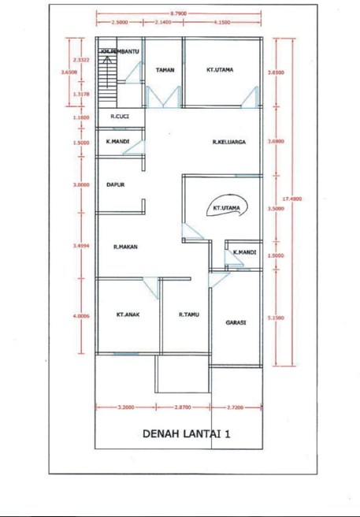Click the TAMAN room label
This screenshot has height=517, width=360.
tap(165, 70)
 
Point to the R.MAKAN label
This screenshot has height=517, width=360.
tap(125, 247)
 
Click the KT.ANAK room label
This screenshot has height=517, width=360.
tap(128, 314)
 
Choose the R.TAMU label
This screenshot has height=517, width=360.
tap(187, 314)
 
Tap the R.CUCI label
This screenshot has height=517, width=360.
tap(120, 117)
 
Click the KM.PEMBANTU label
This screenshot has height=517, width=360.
tap(119, 51)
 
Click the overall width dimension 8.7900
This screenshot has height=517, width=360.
tap(179, 13)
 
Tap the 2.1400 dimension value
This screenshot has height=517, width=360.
tap(164, 23)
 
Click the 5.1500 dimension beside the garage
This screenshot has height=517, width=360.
tap(276, 317)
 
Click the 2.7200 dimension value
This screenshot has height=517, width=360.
tap(234, 407)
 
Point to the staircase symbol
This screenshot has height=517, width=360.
tap(107, 76)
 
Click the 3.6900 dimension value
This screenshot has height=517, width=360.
tap(276, 142)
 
